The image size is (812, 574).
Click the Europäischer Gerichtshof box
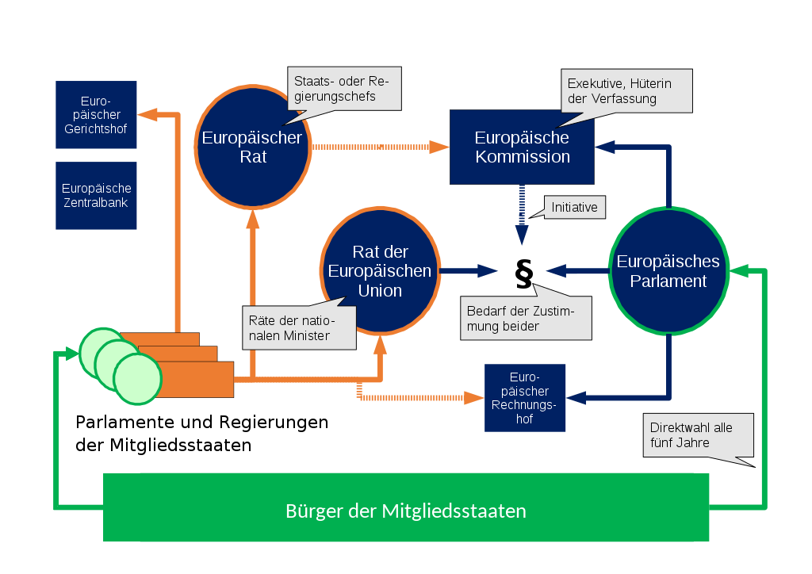[96, 114]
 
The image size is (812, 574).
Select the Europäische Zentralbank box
[96, 196]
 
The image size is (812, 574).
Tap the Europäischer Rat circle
[253, 147]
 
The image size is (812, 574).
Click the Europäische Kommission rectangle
[522, 147]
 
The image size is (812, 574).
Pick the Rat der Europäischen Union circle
[380, 270]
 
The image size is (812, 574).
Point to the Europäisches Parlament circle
[668, 270]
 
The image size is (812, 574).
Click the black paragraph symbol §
[524, 274]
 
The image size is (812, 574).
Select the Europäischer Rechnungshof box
[525, 397]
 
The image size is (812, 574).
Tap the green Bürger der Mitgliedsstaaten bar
[406, 507]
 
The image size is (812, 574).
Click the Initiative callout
[574, 207]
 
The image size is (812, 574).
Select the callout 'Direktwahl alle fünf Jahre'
[698, 435]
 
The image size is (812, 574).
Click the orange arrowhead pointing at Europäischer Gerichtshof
[147, 114]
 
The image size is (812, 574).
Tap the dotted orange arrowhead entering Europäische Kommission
[439, 147]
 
